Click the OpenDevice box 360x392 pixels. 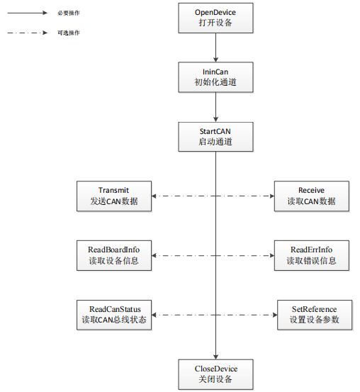215,18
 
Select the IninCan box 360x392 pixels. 215,77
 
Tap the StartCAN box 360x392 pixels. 215,137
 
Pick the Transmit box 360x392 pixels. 114,196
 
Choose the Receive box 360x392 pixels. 312,196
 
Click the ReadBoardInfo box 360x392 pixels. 114,255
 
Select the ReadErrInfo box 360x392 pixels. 312,255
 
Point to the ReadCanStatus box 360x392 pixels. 114,315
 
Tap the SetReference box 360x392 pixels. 315,315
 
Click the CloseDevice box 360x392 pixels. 215,374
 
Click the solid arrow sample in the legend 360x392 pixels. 27,13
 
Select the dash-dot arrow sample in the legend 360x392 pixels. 27,33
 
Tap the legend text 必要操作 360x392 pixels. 69,13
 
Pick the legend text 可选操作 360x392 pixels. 69,33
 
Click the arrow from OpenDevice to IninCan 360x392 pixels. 215,47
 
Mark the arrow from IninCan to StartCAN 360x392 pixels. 215,107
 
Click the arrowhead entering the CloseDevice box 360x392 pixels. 215,357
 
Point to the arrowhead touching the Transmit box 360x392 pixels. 154,196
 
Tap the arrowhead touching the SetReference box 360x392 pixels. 275,315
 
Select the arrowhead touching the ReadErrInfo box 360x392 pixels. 271,255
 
